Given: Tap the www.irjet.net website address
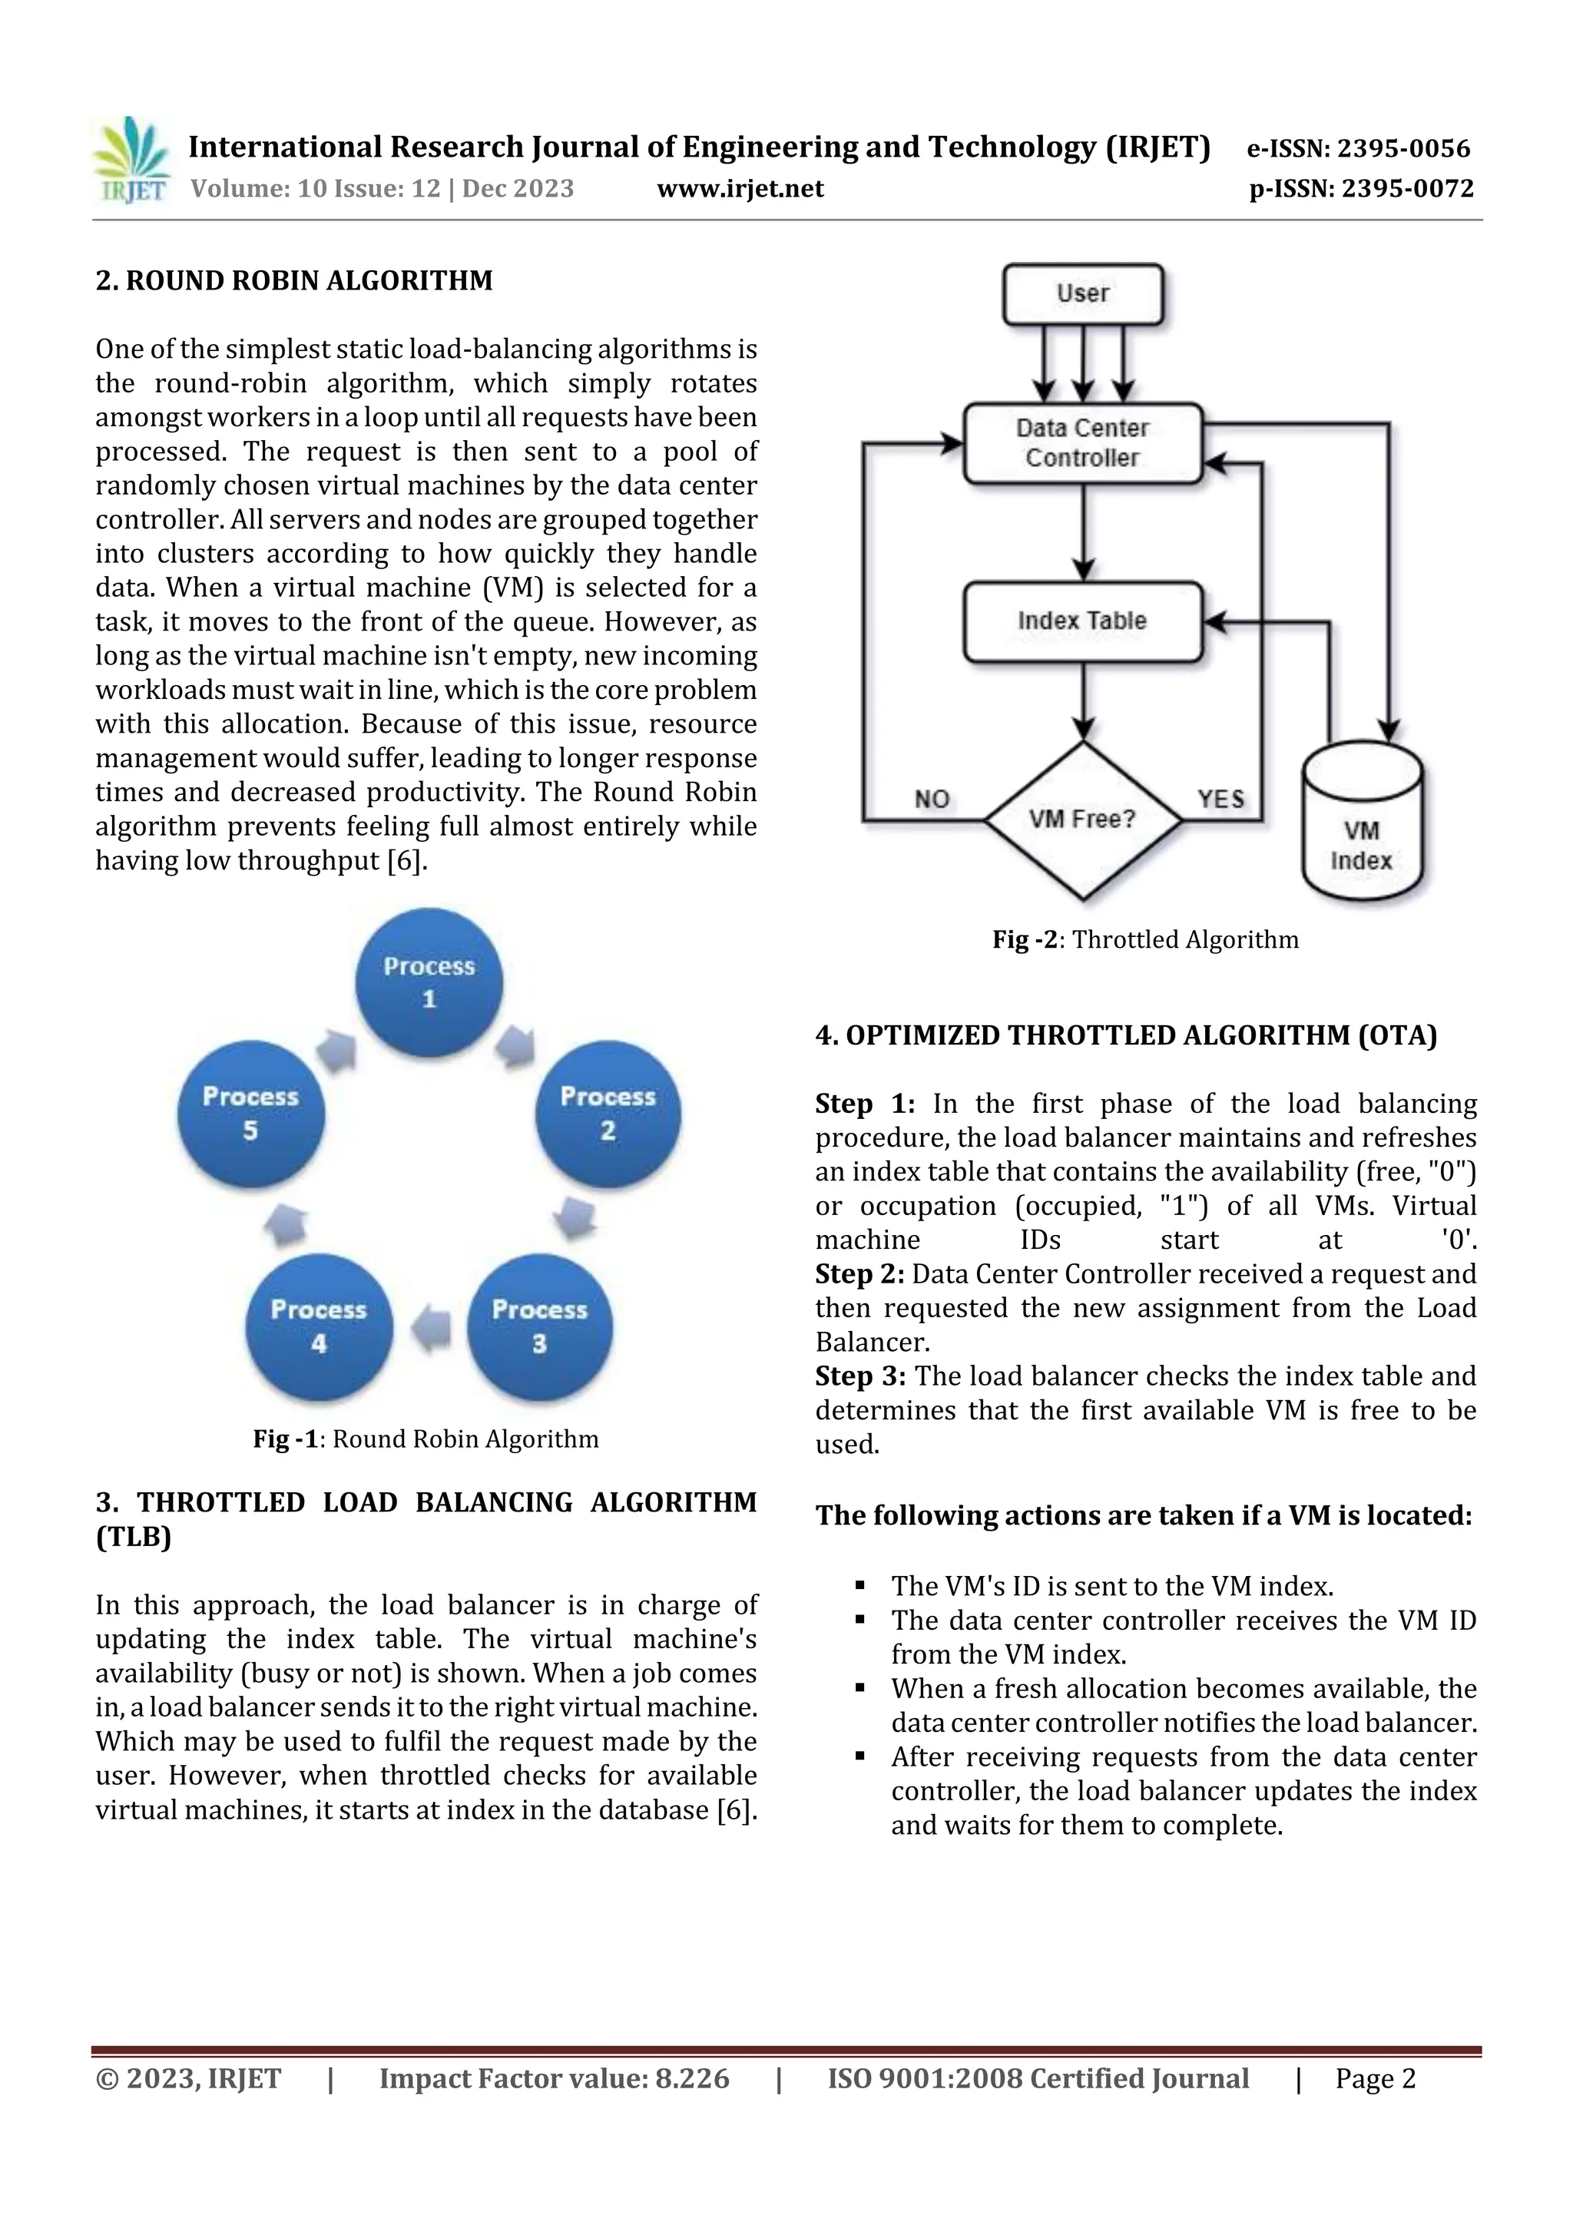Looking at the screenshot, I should [740, 189].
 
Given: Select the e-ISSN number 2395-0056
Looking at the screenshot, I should [1358, 148].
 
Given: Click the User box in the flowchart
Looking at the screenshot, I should [1082, 293].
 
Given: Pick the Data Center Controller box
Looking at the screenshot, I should [1082, 443].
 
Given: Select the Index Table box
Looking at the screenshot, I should [1082, 621].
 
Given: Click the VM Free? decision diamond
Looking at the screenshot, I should [1082, 819].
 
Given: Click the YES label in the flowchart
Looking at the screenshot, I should [1220, 800].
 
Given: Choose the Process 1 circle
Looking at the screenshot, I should [429, 982].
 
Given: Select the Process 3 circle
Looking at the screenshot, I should [540, 1326].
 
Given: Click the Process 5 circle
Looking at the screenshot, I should [251, 1114].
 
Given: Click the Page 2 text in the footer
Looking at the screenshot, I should [1376, 2078].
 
